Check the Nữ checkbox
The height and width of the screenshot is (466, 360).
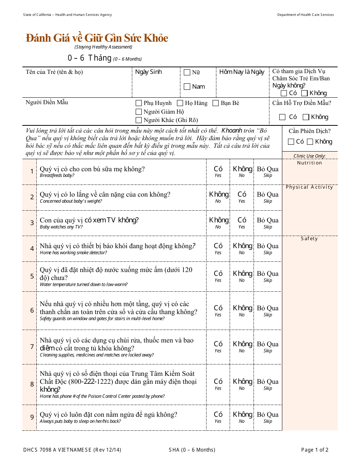tap(187, 72)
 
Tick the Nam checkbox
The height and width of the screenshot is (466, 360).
tap(187, 87)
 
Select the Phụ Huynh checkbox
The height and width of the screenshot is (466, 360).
tap(139, 103)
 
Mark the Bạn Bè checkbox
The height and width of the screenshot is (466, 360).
tap(216, 103)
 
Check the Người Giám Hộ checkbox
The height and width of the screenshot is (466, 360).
tap(139, 112)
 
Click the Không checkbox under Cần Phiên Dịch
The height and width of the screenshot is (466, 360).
tap(310, 142)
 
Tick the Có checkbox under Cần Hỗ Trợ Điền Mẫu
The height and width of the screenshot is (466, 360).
tap(282, 117)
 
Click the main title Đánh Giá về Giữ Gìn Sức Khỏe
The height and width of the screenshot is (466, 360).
tap(97, 38)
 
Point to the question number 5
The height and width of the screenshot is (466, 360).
tap(32, 276)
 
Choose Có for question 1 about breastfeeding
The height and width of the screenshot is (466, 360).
tap(218, 169)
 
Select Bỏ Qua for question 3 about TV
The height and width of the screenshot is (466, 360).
tap(268, 220)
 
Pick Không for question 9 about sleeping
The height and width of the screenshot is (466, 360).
tap(242, 414)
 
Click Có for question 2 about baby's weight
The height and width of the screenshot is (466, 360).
tap(242, 195)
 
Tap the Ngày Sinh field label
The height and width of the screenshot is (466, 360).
tap(149, 72)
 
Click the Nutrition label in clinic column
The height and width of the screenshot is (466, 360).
tap(310, 163)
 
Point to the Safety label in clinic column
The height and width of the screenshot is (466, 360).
tap(310, 239)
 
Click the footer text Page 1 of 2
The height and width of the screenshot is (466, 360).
tap(315, 450)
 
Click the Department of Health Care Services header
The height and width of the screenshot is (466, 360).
tap(305, 15)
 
